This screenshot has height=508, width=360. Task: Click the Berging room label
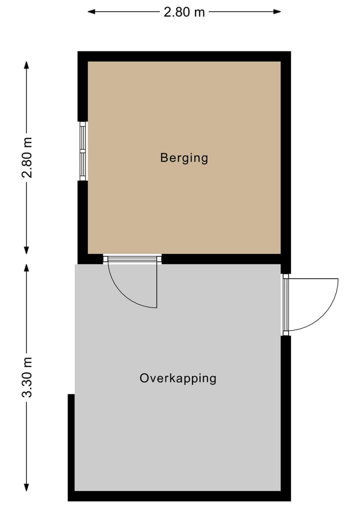pos(184,158)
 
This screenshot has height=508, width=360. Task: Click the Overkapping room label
pos(178,378)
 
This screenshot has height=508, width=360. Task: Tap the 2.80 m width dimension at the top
pos(184,12)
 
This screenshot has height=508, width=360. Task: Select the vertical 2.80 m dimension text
pos(28,157)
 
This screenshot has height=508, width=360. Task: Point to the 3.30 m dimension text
pos(28,377)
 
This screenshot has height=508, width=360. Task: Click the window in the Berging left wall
pos(83,151)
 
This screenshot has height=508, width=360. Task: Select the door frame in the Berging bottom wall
pos(132,259)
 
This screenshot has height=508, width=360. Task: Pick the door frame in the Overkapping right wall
pos(285,305)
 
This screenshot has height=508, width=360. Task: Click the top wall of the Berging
pos(184,56)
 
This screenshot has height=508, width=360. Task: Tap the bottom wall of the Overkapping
pos(179,496)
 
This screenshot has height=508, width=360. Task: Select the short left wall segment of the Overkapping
pos(71,445)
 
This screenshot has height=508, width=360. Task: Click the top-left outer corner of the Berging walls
pos(79,52)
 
